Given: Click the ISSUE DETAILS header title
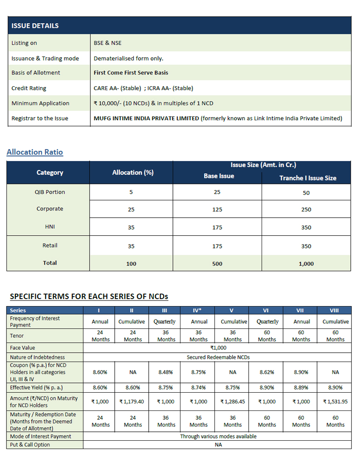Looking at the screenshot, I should (35, 26).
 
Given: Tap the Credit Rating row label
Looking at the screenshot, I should (29, 88).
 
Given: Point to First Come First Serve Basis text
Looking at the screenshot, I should (131, 73).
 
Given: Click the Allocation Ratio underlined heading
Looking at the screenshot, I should (35, 152).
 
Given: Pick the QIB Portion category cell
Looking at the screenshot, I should (50, 192).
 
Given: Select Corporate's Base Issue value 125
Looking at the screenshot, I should (217, 210).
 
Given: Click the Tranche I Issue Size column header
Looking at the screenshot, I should (308, 178).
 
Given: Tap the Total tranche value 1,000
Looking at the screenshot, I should (306, 264).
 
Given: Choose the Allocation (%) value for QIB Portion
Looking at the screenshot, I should (131, 192).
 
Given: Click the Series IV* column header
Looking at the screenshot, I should (199, 310).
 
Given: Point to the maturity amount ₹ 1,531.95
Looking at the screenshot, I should (335, 402).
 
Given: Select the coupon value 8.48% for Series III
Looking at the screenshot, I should (166, 372).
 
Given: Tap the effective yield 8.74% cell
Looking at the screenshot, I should (199, 388).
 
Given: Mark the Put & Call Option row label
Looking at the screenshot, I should (30, 444).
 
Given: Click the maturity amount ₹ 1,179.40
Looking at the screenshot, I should (132, 402).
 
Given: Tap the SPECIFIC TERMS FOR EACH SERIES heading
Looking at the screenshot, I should (89, 296).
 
